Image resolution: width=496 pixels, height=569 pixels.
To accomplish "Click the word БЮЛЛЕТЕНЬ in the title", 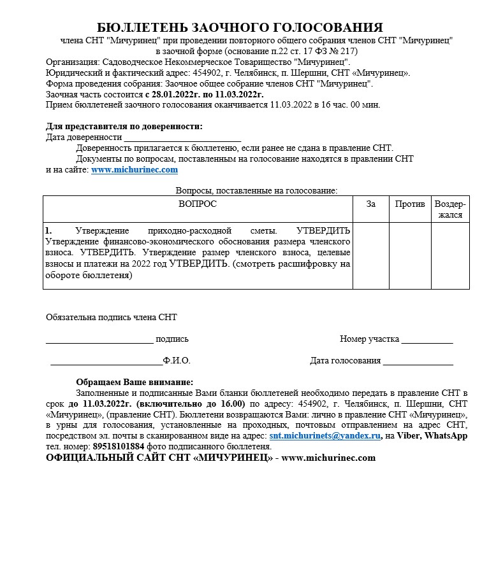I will pyautogui.click(x=139, y=27).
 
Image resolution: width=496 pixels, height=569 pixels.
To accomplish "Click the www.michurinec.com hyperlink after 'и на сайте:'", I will pyautogui.click(x=135, y=170).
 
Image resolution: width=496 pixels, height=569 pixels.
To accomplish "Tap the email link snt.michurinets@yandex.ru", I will pyautogui.click(x=325, y=436).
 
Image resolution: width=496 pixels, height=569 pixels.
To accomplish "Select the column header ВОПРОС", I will pyautogui.click(x=198, y=204).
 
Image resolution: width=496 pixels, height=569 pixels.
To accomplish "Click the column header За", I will pyautogui.click(x=371, y=204).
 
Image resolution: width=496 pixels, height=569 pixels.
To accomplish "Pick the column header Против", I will pyautogui.click(x=410, y=204).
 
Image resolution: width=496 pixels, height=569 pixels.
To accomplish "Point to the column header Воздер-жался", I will pyautogui.click(x=450, y=209).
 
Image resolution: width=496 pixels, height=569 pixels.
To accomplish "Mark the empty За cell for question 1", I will pyautogui.click(x=371, y=255).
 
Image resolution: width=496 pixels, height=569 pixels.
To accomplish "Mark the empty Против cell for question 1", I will pyautogui.click(x=410, y=255).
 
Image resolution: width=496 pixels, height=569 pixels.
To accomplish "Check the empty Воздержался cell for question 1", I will pyautogui.click(x=450, y=255).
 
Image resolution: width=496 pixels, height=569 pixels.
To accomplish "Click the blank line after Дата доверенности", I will pyautogui.click(x=182, y=138).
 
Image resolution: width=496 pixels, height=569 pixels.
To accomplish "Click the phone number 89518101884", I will pyautogui.click(x=119, y=447).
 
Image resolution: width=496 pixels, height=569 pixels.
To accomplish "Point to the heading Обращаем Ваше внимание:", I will pyautogui.click(x=135, y=382).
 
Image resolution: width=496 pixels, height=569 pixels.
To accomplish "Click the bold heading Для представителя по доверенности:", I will pyautogui.click(x=124, y=126).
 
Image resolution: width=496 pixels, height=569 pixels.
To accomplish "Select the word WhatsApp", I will pyautogui.click(x=446, y=436).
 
